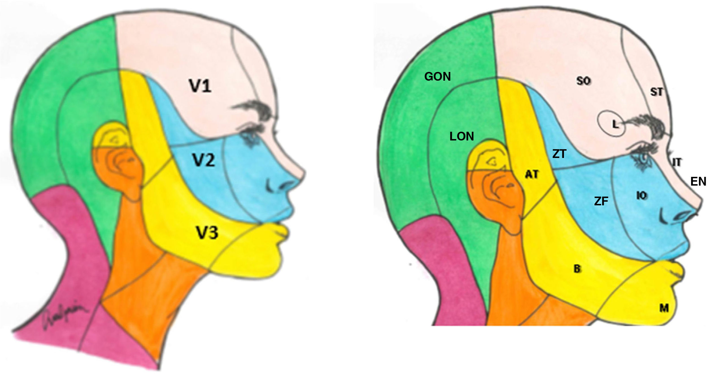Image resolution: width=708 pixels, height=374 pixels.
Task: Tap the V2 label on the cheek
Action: [204, 160]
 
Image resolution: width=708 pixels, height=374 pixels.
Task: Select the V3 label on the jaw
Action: [207, 233]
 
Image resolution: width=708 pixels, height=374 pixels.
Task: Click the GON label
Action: [437, 76]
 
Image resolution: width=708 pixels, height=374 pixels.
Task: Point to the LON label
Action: [462, 137]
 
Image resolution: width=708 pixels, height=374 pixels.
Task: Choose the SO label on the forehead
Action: [583, 81]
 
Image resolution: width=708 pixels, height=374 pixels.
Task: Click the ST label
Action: [656, 92]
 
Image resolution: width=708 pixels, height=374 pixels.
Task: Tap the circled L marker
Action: [615, 124]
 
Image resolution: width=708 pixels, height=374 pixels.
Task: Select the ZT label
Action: [559, 154]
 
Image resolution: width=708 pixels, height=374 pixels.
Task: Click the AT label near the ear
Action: [531, 175]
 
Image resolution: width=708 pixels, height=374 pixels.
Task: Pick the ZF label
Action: [601, 201]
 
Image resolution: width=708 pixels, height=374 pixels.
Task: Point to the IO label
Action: [642, 195]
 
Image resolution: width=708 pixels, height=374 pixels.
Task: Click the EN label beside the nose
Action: [698, 181]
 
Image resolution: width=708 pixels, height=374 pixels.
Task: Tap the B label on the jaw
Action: [577, 269]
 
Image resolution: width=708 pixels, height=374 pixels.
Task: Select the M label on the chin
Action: [664, 308]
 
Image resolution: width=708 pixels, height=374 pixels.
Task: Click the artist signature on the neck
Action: [64, 316]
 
